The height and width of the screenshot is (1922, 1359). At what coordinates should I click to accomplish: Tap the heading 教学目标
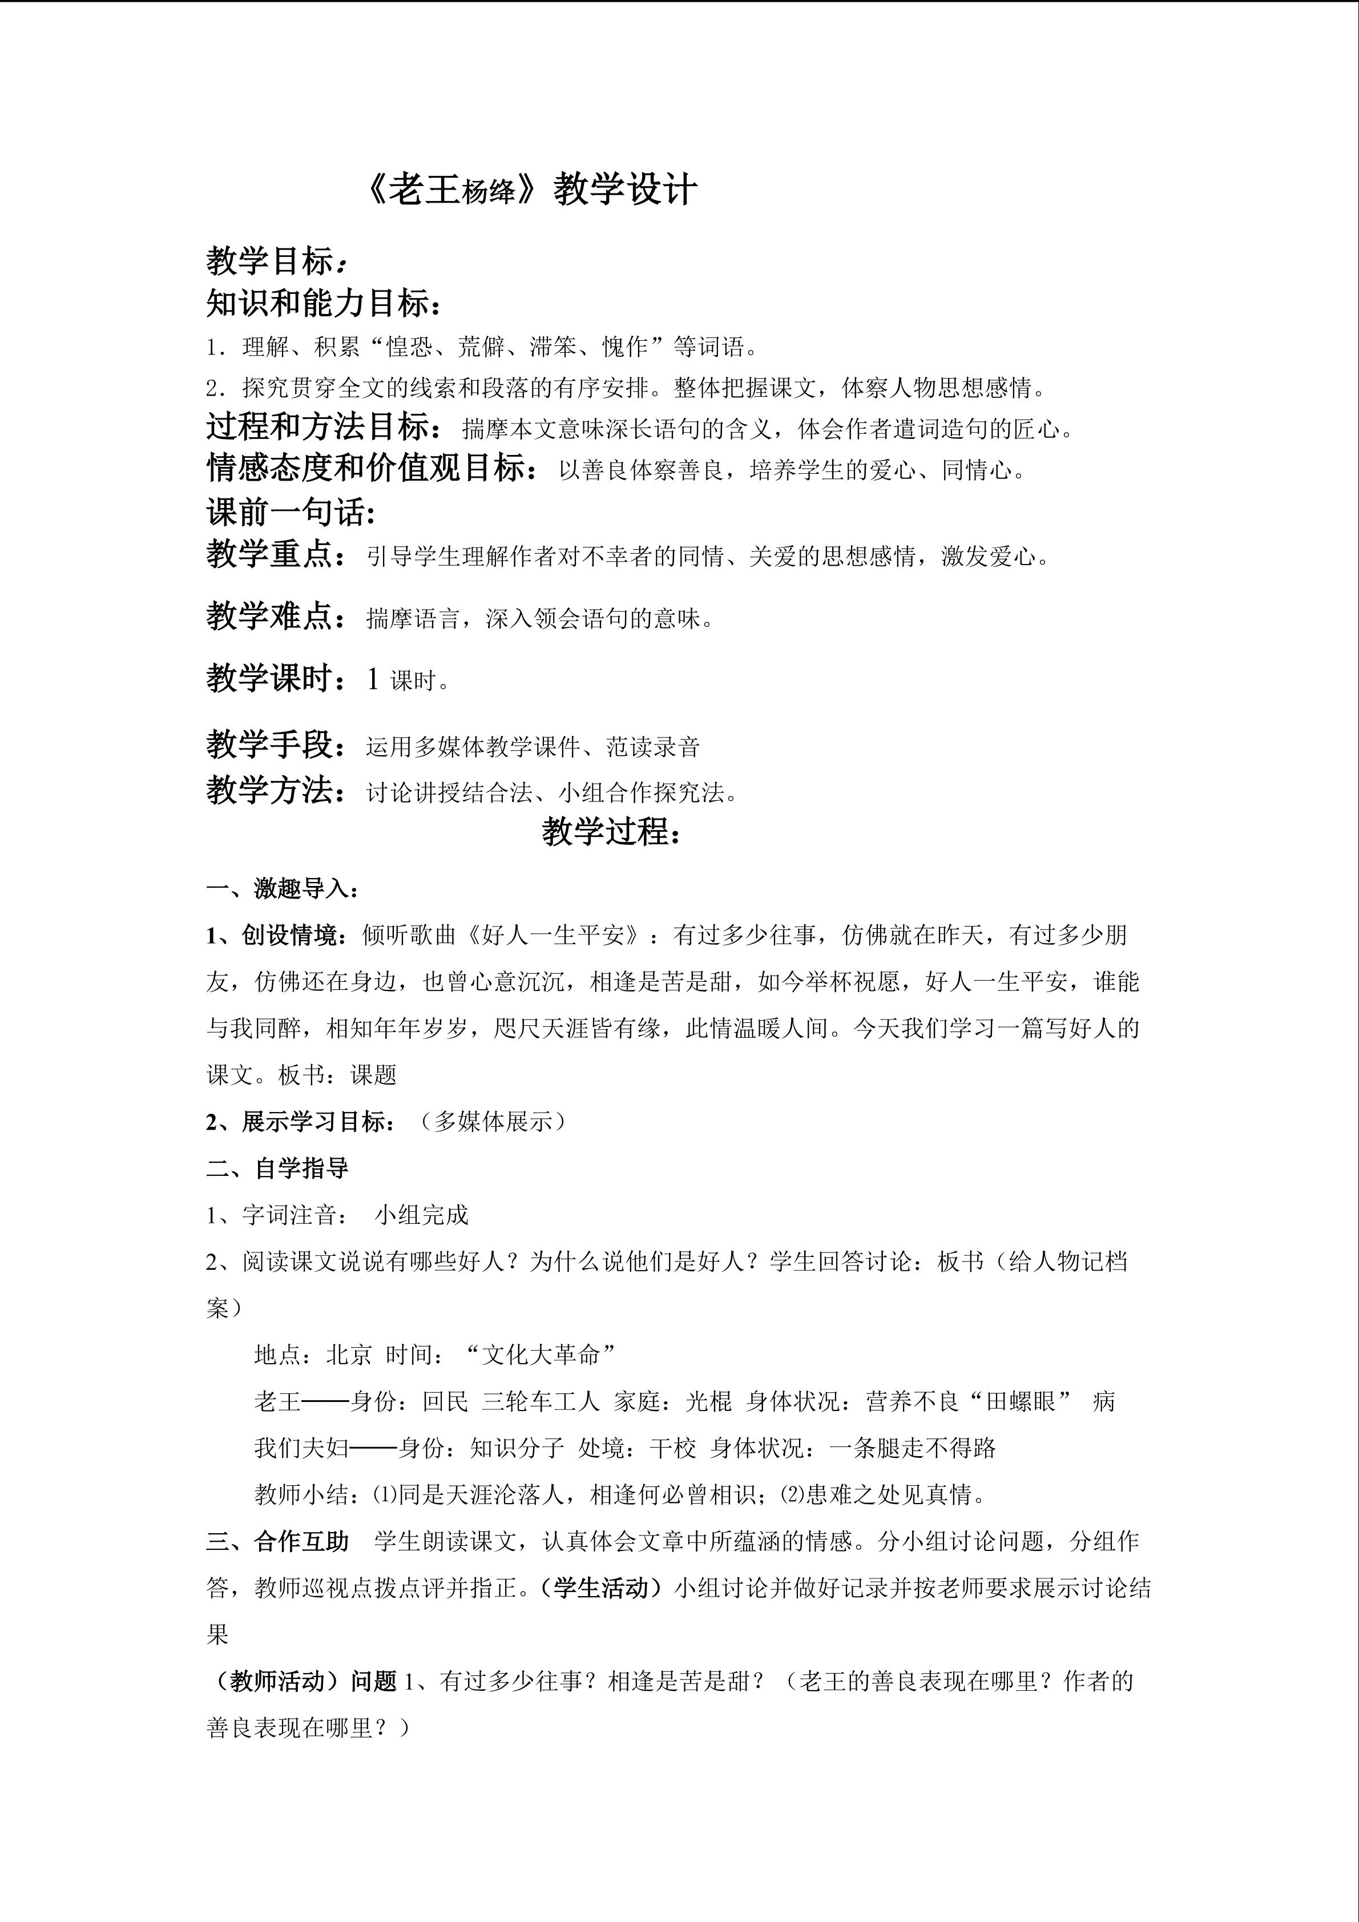(x=269, y=261)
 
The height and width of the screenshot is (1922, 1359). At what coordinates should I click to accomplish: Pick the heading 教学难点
(x=269, y=617)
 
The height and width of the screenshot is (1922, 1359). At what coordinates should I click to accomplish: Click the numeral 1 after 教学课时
(x=373, y=679)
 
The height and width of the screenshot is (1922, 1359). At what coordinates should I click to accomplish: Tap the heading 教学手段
(x=269, y=744)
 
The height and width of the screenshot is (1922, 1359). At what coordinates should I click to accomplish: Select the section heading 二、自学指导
(x=278, y=1168)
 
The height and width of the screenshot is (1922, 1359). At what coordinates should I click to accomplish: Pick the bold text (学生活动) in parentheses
(x=601, y=1588)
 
